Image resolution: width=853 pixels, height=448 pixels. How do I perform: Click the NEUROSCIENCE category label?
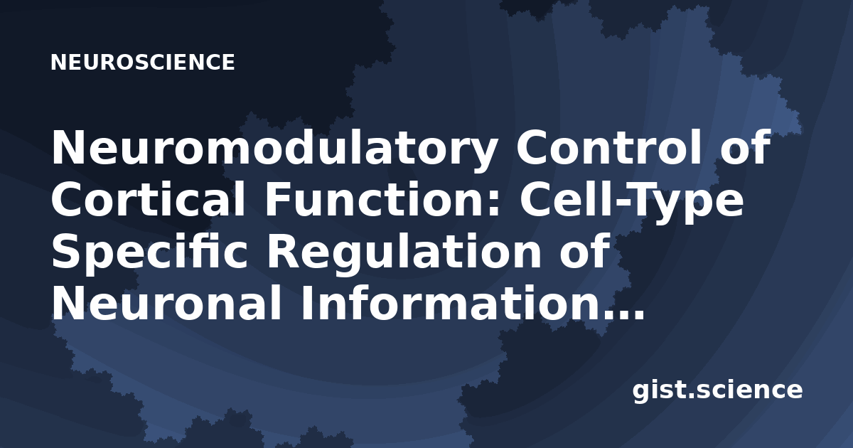pyautogui.click(x=143, y=63)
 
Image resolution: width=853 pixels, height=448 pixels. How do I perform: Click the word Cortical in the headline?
pyautogui.click(x=149, y=199)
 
